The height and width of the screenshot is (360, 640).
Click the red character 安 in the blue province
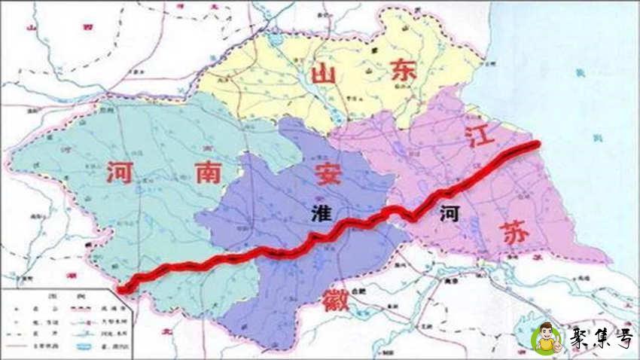click(x=328, y=172)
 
